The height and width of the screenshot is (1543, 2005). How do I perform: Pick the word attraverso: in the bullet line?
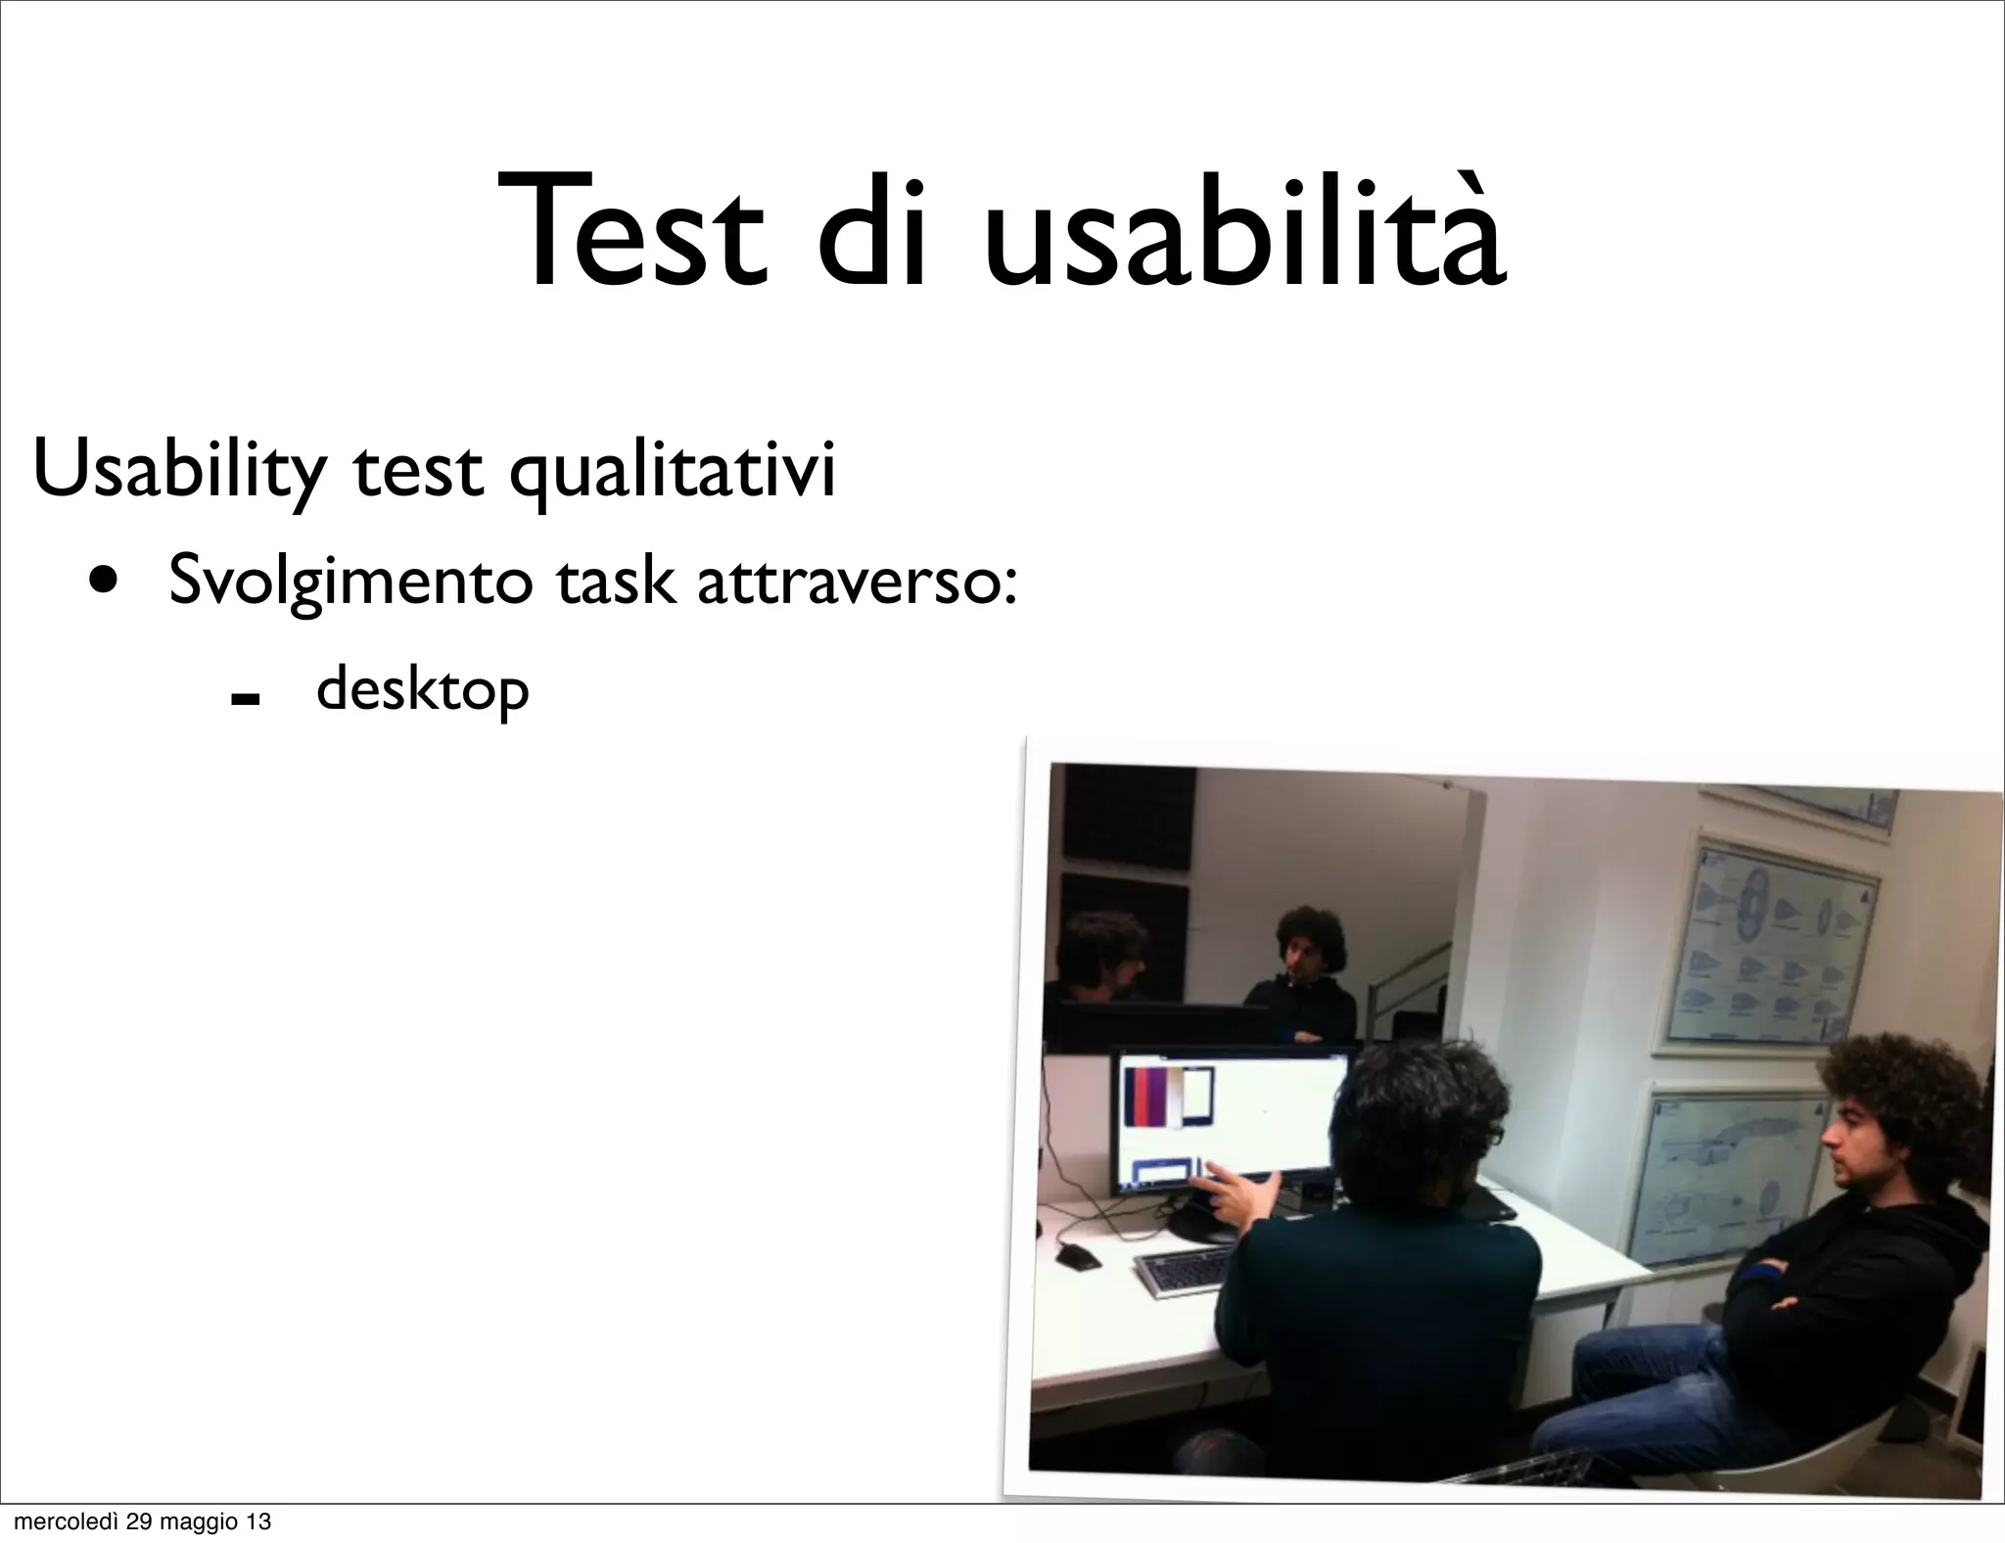pos(857,582)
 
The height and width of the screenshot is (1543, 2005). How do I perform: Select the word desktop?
pos(423,691)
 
